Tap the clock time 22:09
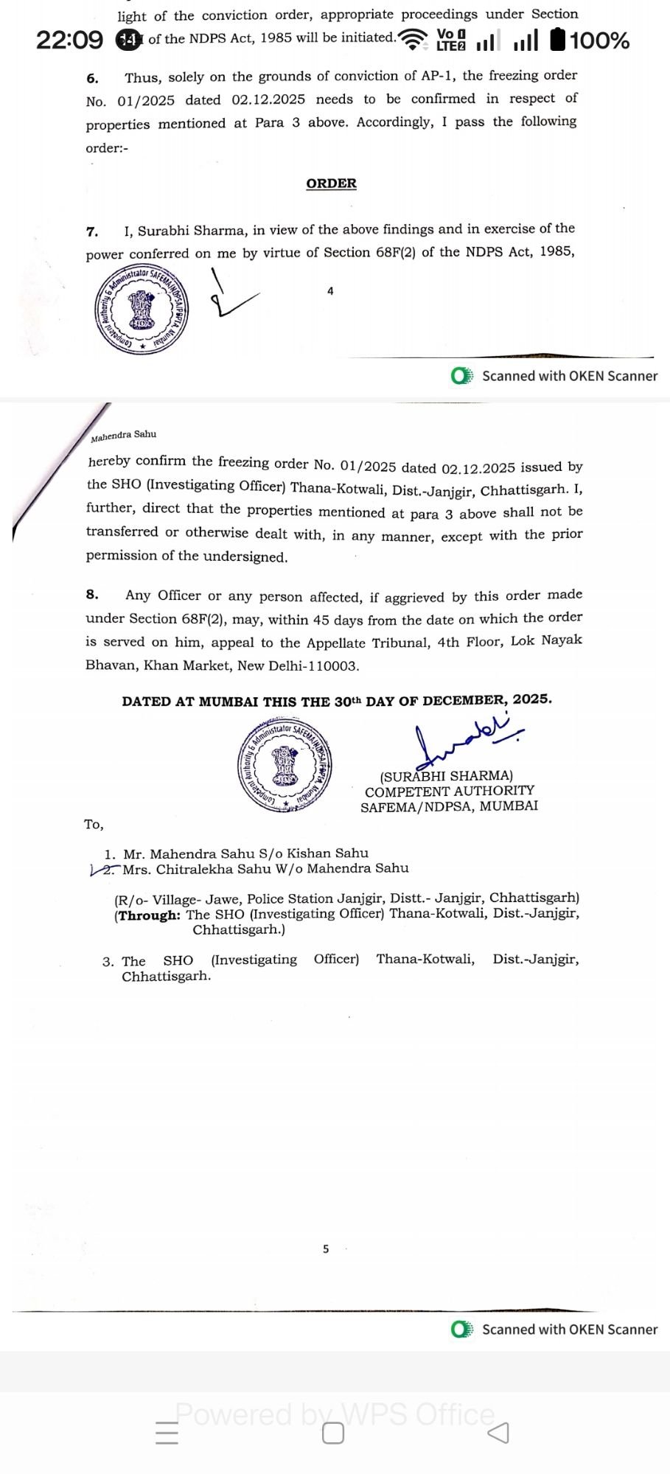[69, 40]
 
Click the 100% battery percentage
[599, 41]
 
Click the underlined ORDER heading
[331, 184]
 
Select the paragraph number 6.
[92, 78]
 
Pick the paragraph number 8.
[91, 595]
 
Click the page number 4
[330, 291]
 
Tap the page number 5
[326, 1248]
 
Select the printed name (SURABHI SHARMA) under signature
[446, 776]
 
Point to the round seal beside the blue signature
[285, 766]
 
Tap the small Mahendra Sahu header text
[124, 436]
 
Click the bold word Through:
[149, 915]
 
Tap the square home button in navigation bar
[333, 1433]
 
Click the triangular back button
[498, 1433]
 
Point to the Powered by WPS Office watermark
[335, 1414]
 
